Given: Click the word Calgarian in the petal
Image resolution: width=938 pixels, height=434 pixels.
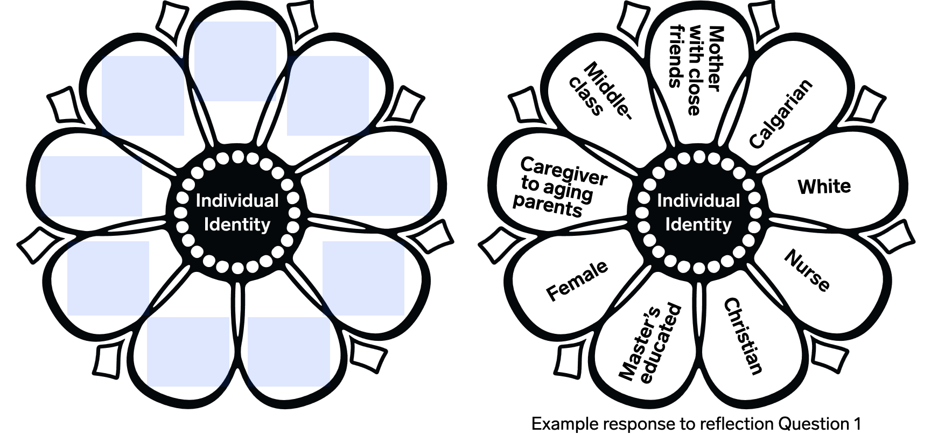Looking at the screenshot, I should tap(781, 114).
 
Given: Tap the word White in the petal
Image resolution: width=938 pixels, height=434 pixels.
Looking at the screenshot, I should tap(824, 187).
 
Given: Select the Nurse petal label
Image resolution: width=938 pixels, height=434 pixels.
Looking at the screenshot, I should tap(807, 270).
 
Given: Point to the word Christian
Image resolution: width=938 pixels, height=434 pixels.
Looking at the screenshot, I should tap(743, 336).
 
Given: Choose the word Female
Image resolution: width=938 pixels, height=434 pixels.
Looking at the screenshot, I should tap(577, 281).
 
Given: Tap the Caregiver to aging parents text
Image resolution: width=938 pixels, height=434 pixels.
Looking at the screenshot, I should tap(558, 186).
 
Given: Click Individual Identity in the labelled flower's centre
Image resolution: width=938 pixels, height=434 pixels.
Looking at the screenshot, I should tap(698, 212).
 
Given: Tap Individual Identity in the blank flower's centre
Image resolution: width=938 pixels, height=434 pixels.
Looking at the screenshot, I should tap(237, 212).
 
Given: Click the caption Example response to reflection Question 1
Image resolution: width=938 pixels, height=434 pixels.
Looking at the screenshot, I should tap(696, 424).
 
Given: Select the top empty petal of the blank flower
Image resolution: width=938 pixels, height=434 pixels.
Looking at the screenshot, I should tap(235, 59).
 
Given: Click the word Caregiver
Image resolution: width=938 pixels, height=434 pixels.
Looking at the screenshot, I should tap(563, 171).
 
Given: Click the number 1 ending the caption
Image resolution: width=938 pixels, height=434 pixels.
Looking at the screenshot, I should tap(857, 424).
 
